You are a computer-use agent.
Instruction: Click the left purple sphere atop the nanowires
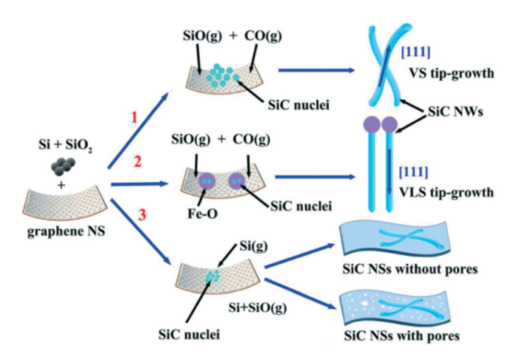click(371, 125)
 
